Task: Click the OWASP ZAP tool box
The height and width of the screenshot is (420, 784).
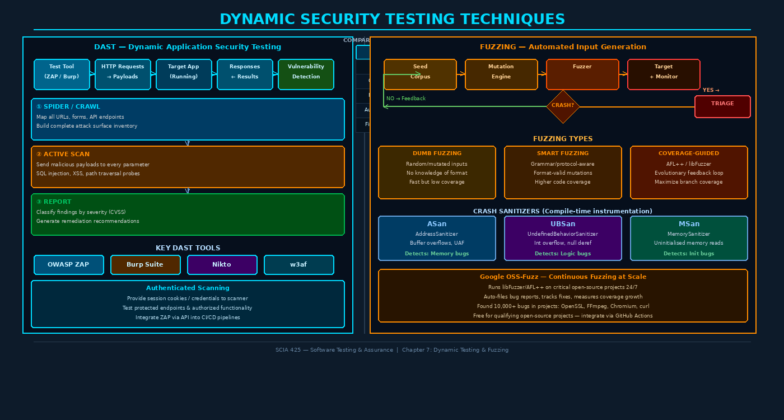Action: click(68, 265)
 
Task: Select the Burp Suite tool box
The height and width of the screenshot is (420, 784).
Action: click(145, 265)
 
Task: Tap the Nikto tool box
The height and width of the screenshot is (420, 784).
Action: click(222, 265)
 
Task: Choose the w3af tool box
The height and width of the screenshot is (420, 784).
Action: click(298, 265)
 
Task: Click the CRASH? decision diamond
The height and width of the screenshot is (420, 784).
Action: click(563, 106)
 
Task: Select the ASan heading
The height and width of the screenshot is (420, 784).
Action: click(437, 224)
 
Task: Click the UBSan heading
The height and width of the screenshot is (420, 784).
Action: click(563, 224)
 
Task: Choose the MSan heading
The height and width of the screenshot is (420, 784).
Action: click(689, 224)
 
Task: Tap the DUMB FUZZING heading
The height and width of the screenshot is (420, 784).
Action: click(437, 153)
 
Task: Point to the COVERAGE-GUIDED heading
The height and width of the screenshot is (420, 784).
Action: click(689, 153)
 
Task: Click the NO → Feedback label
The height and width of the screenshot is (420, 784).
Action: click(406, 99)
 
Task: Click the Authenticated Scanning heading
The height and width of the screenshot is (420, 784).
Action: click(188, 288)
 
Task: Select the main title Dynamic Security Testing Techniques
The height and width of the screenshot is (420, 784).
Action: click(392, 20)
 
